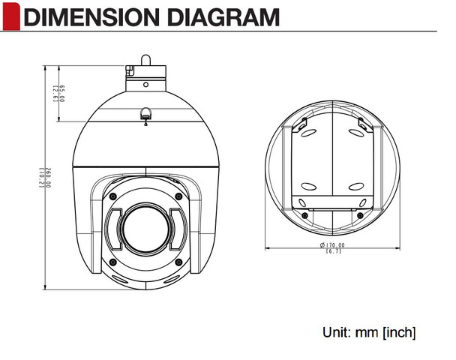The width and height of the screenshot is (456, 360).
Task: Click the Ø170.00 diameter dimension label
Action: click(332, 245)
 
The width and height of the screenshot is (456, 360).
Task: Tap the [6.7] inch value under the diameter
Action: click(332, 252)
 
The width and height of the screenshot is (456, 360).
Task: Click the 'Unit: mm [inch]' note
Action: click(369, 331)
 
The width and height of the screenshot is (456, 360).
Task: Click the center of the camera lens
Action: click(146, 228)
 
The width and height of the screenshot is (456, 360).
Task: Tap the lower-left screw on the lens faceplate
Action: click(113, 261)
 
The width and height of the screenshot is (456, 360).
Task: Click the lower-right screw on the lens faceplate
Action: click(178, 261)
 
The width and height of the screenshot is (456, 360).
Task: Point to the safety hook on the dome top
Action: click(145, 115)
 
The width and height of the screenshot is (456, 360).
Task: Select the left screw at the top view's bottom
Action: click(306, 214)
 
